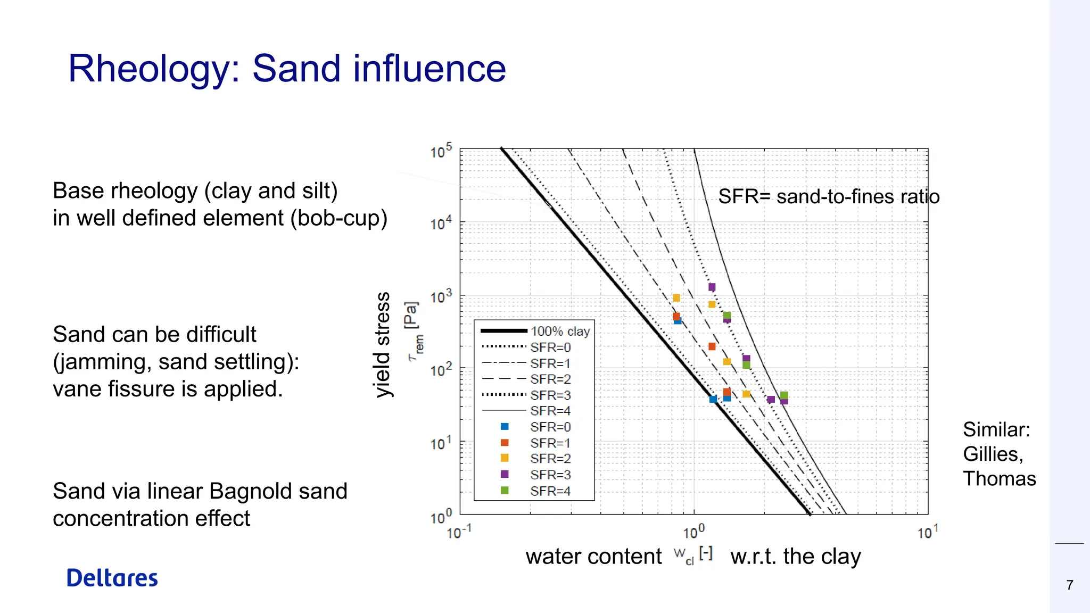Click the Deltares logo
pos(112,578)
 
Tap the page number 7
pos(1070,585)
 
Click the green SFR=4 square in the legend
pos(505,490)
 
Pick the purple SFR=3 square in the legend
pos(505,474)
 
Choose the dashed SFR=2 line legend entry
pos(527,379)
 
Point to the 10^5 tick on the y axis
pos(441,151)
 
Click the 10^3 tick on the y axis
pos(441,296)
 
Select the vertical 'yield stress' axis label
pos(382,344)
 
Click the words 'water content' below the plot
pos(593,557)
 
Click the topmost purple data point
pos(712,287)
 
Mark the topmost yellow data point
pos(676,298)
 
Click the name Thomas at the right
pos(999,479)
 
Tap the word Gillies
pos(993,454)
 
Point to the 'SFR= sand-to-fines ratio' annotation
pos(829,197)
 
